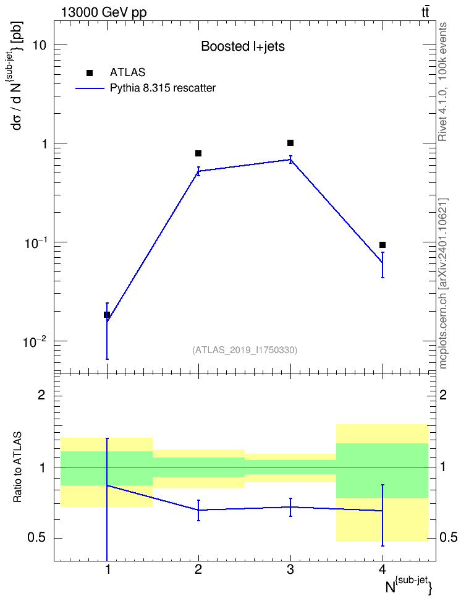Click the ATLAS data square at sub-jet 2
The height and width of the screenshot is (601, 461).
click(198, 153)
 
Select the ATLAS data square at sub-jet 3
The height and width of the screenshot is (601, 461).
click(290, 143)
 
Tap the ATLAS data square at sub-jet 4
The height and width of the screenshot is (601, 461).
click(382, 244)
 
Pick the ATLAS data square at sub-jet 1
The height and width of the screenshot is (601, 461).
click(106, 315)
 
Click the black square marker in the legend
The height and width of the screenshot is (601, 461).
click(90, 73)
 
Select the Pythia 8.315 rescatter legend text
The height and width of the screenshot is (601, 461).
click(163, 88)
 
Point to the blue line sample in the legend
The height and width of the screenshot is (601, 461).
click(90, 88)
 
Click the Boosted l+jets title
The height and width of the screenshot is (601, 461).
click(243, 46)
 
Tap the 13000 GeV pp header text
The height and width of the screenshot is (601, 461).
click(104, 13)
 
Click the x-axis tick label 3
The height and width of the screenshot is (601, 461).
click(290, 569)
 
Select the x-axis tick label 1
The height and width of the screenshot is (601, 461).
click(108, 569)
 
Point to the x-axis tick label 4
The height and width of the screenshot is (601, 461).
click(382, 569)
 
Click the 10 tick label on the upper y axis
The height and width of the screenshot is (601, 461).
click(39, 45)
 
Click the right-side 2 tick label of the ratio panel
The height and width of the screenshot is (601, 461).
click(443, 394)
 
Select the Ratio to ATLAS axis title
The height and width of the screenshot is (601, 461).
click(17, 467)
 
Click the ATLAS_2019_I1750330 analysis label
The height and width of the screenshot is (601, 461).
click(245, 350)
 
